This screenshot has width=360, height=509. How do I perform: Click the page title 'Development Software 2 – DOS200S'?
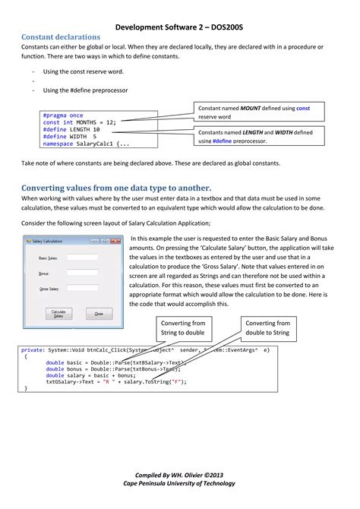pyautogui.click(x=180, y=25)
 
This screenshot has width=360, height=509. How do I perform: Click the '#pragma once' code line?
pyautogui.click(x=63, y=115)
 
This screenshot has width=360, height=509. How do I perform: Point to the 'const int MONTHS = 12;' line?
pyautogui.click(x=79, y=122)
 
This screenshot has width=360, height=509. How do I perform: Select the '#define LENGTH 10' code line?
pyautogui.click(x=71, y=128)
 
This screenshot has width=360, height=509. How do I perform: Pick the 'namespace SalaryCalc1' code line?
pyautogui.click(x=86, y=143)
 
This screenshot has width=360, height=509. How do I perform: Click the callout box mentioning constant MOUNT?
pyautogui.click(x=254, y=112)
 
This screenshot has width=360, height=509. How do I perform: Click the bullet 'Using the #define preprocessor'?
pyautogui.click(x=85, y=90)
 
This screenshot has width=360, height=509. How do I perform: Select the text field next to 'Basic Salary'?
pyautogui.click(x=82, y=258)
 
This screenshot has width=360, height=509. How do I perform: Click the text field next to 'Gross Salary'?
pyautogui.click(x=82, y=289)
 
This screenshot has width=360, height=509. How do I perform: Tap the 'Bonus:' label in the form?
pyautogui.click(x=43, y=273)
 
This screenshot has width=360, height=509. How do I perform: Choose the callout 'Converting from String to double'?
pyautogui.click(x=182, y=327)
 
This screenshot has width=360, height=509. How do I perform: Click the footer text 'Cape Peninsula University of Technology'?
pyautogui.click(x=180, y=483)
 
